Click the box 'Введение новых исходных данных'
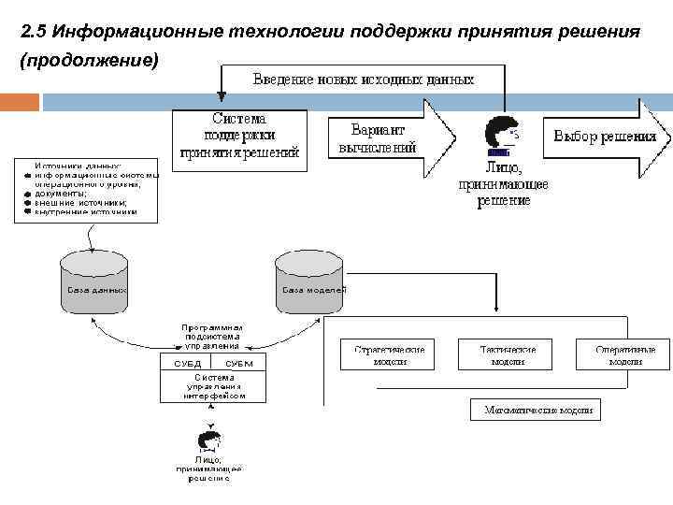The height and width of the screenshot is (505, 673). [364, 79]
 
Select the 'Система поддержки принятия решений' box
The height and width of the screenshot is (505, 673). [239, 137]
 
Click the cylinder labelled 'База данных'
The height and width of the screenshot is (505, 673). [93, 278]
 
